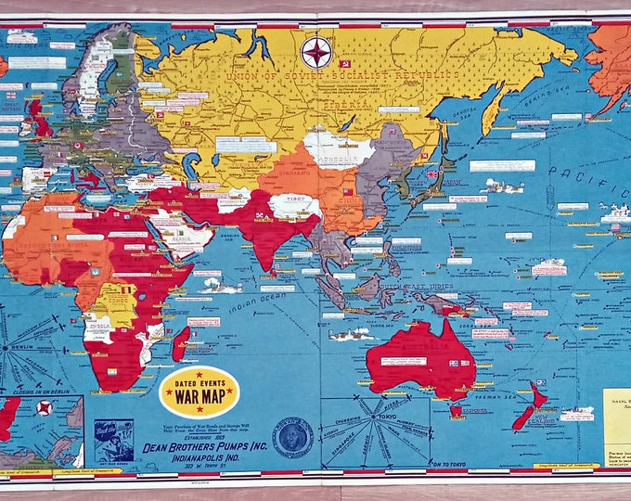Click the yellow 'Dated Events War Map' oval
click(200, 391)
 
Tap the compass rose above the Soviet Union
click(316, 51)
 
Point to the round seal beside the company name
click(292, 436)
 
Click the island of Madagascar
click(181, 343)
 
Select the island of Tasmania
click(454, 409)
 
